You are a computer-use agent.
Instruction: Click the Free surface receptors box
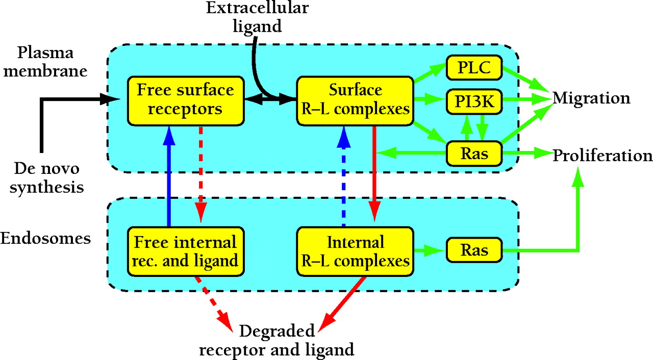186,100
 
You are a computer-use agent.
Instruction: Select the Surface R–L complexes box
355,100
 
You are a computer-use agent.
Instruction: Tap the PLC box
474,68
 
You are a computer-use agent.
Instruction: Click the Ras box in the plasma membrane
474,153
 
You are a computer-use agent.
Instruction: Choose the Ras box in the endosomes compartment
474,250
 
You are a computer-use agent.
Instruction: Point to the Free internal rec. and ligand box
186,250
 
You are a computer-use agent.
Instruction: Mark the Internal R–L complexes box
355,250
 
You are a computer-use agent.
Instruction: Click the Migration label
591,97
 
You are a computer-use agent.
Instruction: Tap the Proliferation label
602,154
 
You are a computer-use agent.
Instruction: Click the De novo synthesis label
47,178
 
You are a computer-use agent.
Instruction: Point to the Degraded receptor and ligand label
277,341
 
